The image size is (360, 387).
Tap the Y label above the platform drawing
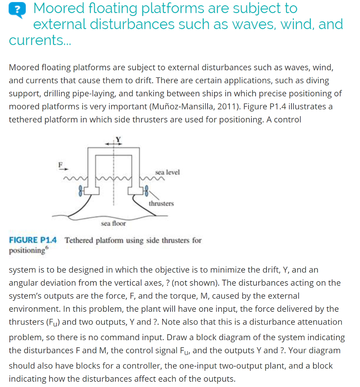pos(118,139)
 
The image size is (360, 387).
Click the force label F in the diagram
pos(60,164)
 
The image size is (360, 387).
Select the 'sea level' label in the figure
pos(168,172)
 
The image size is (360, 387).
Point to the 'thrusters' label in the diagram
pos(161,203)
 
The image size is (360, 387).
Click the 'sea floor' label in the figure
pos(113,224)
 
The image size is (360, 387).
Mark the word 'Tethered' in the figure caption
pos(79,240)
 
